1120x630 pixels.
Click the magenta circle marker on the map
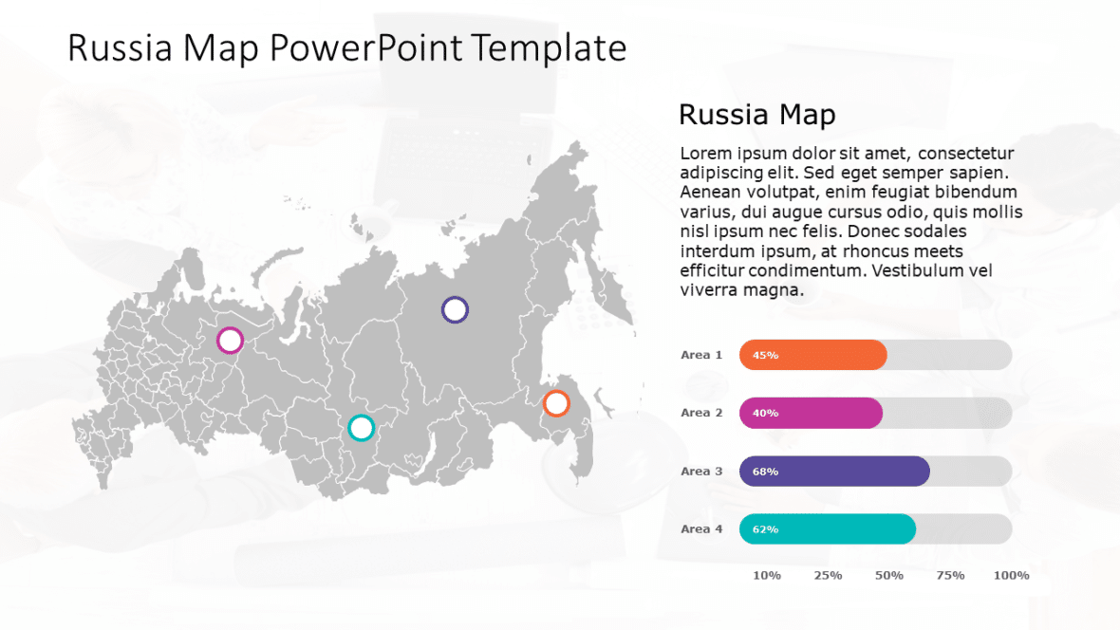click(230, 340)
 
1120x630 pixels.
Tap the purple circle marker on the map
click(456, 309)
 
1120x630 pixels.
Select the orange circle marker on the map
click(556, 403)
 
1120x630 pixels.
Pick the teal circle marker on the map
click(361, 428)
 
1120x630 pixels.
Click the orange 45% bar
click(812, 355)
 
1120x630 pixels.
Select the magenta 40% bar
click(811, 413)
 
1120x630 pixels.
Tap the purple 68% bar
click(834, 471)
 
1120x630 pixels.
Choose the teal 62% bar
click(828, 528)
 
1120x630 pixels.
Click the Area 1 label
click(701, 355)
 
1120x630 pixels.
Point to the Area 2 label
click(701, 413)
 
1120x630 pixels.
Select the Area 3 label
click(701, 471)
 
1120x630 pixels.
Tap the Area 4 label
click(701, 528)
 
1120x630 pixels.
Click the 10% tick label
click(767, 575)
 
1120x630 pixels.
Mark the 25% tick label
click(828, 575)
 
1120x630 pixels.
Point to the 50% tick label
click(889, 575)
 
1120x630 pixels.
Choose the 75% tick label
click(950, 575)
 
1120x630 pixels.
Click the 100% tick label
click(1011, 575)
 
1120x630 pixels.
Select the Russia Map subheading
click(756, 115)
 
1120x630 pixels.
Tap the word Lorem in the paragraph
click(706, 154)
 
